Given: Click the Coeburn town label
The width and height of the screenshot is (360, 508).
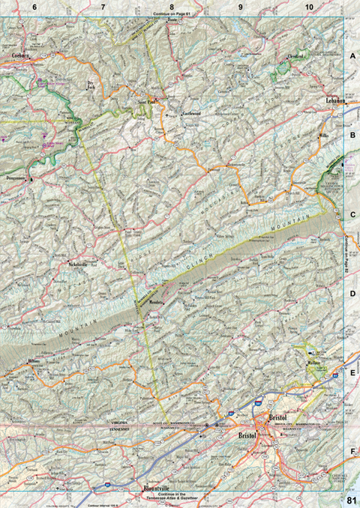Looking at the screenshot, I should (x=20, y=55).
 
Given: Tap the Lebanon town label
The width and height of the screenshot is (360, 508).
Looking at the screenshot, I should (x=334, y=100).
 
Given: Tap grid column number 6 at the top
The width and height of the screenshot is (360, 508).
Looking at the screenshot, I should (x=34, y=6).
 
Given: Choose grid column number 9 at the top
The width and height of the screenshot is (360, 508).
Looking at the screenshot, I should (x=240, y=6).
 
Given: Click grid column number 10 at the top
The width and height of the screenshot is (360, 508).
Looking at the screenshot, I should (x=309, y=6).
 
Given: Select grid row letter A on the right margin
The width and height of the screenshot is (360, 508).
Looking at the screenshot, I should (x=352, y=56).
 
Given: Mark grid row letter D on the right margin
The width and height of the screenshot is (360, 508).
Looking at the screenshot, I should (x=352, y=294).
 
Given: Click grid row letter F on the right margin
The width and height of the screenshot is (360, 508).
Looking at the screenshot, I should (x=352, y=452).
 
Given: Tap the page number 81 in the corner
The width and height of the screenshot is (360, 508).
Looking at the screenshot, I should (x=352, y=500).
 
